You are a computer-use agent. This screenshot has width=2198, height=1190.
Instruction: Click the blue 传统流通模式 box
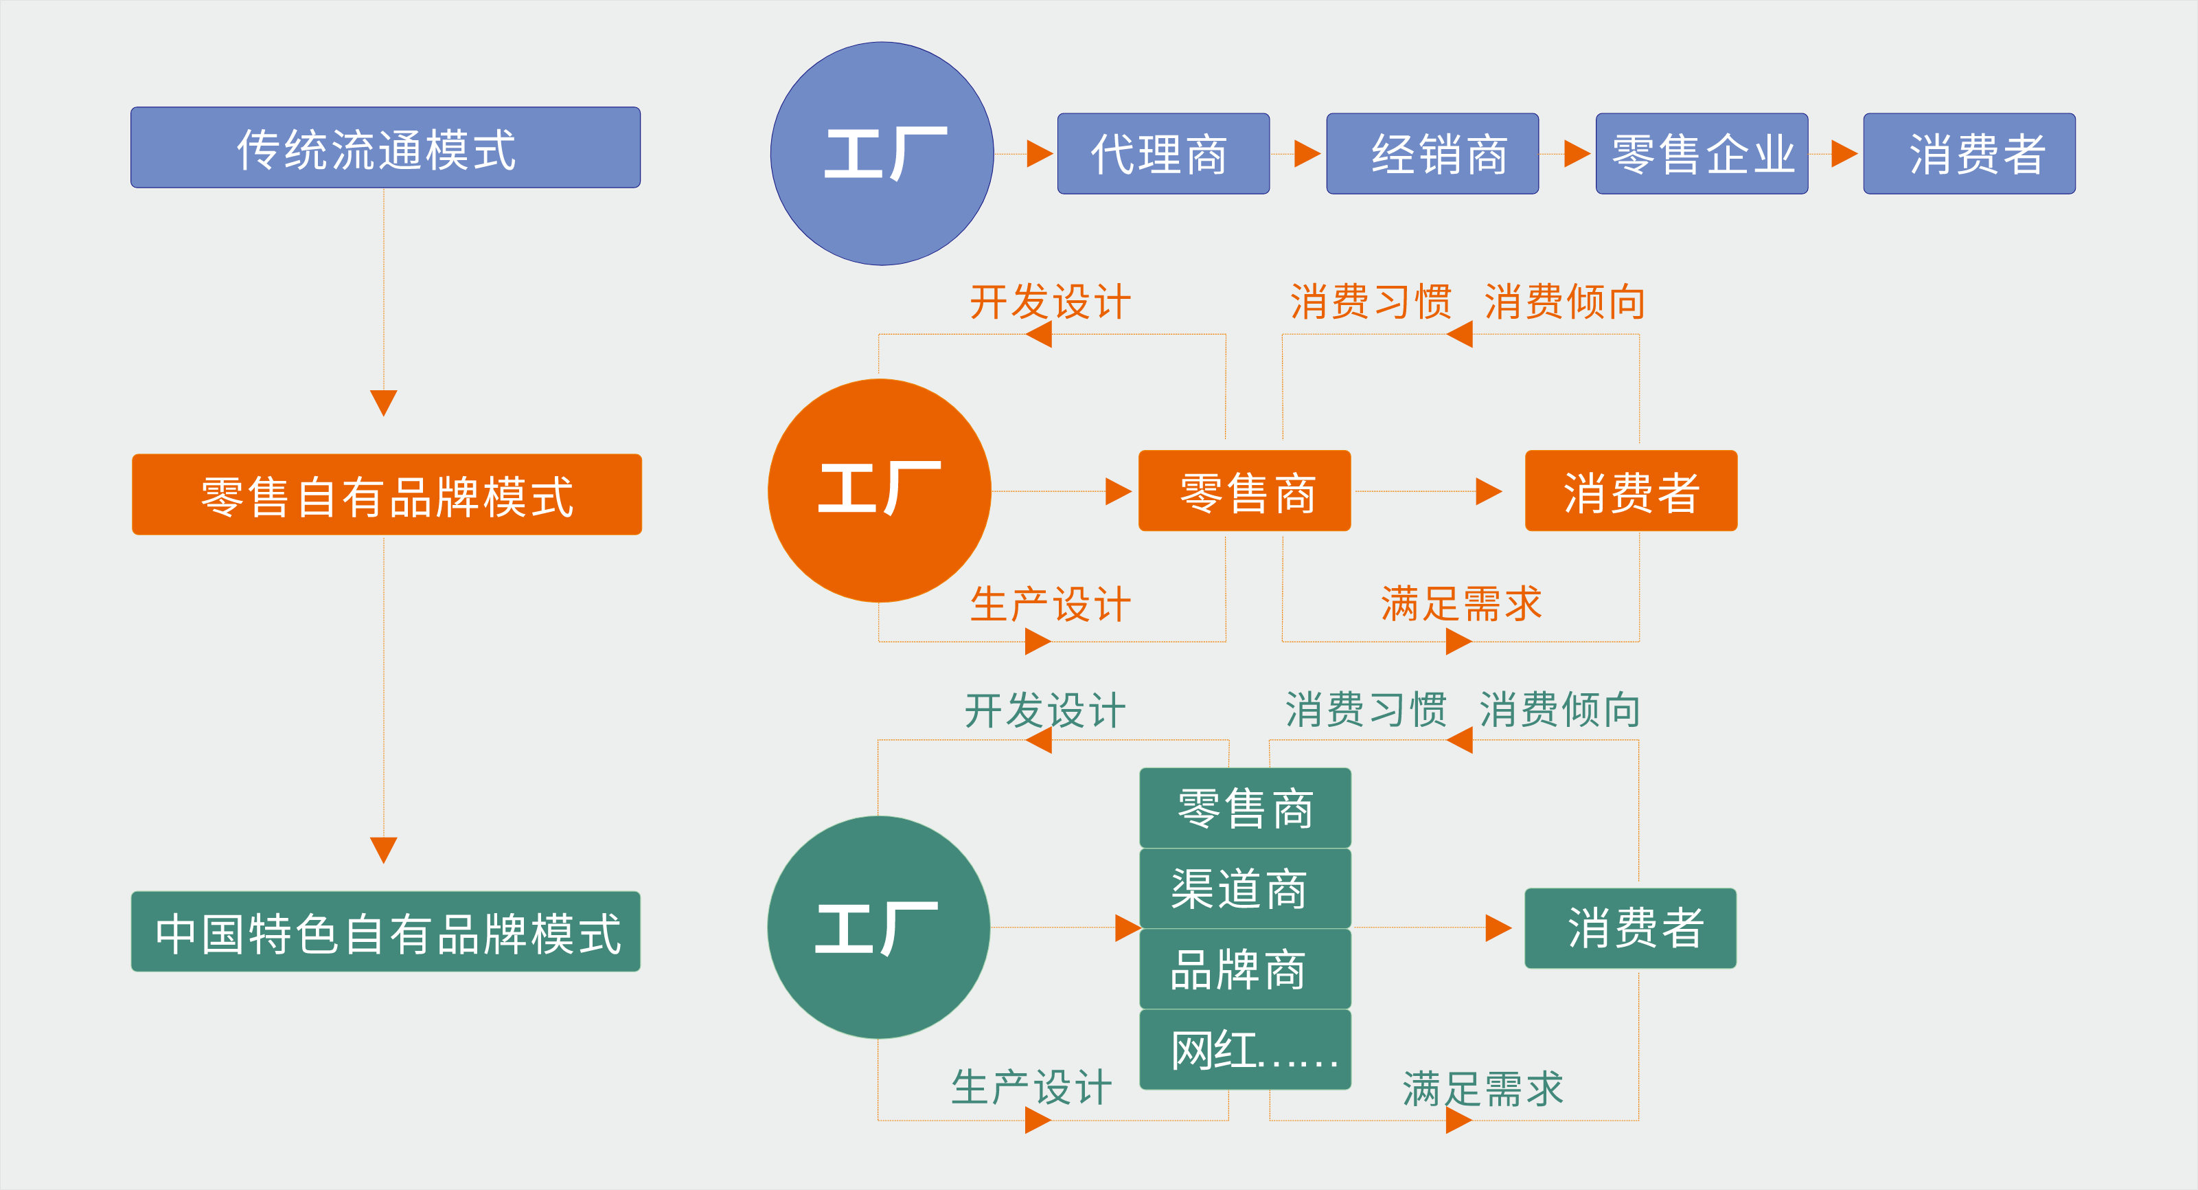[x=385, y=148]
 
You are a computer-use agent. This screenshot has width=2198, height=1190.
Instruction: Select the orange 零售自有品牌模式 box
[x=387, y=495]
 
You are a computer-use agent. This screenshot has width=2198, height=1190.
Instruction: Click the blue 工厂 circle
[x=882, y=154]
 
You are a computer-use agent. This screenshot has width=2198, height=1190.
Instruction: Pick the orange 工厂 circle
[x=879, y=491]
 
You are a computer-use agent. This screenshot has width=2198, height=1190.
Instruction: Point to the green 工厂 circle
[x=878, y=927]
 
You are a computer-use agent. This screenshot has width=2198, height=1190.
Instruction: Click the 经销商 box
[x=1432, y=154]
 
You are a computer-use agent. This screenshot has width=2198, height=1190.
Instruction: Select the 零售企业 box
[x=1702, y=154]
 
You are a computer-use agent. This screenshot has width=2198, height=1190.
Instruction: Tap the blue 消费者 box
[x=1969, y=154]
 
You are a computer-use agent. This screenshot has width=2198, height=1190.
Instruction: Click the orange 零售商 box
[x=1244, y=491]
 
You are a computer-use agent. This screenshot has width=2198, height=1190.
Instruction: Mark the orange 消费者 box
[x=1631, y=491]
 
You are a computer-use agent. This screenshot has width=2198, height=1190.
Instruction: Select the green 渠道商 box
[x=1245, y=888]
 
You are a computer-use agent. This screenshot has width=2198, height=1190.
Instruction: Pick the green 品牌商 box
[x=1245, y=969]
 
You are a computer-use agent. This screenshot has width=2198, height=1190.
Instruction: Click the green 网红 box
[x=1245, y=1049]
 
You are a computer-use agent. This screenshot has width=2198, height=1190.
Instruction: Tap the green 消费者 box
[x=1629, y=928]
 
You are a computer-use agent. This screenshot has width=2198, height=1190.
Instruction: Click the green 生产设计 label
[x=1031, y=1088]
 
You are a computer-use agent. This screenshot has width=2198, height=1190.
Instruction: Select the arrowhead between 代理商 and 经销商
[x=1306, y=154]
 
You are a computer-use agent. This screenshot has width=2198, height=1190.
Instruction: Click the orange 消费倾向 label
[x=1565, y=302]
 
